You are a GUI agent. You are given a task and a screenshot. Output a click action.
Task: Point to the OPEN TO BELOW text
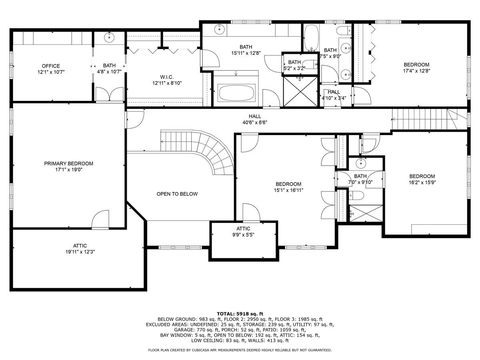pyautogui.click(x=175, y=193)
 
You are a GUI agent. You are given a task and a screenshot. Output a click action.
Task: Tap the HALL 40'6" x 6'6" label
pyautogui.click(x=257, y=119)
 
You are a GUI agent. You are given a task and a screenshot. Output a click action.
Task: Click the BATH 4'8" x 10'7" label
pyautogui.click(x=109, y=68)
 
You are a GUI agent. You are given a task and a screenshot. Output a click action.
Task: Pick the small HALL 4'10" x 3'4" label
pyautogui.click(x=334, y=94)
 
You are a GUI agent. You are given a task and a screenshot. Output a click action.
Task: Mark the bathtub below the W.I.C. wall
pyautogui.click(x=238, y=96)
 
